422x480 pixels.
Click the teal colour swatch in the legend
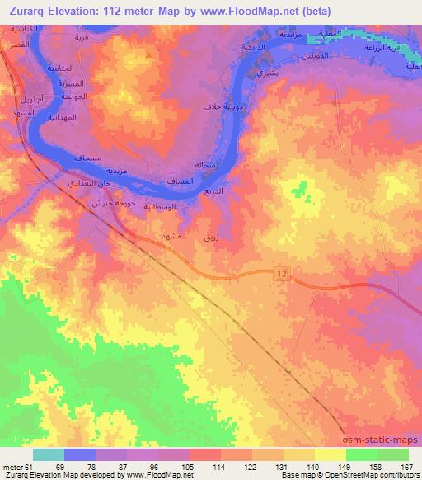click(x=49, y=455)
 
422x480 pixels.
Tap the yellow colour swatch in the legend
click(x=331, y=455)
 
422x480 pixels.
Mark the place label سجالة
click(x=205, y=165)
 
